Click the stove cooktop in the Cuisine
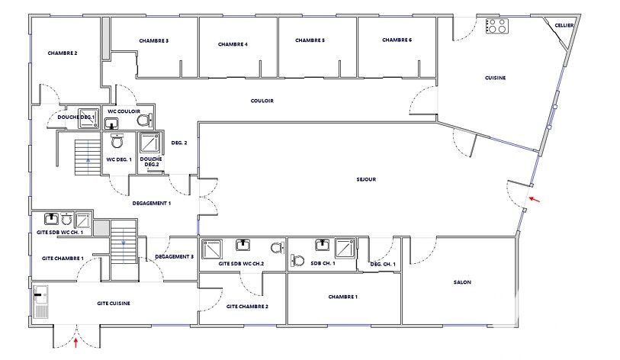tap(497, 26)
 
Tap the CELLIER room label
tap(564, 25)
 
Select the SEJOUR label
tap(366, 179)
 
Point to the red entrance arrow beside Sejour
tap(534, 199)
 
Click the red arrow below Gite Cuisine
tap(76, 342)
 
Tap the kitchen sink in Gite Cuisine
tap(40, 302)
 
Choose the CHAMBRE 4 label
tap(233, 44)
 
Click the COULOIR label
tap(262, 101)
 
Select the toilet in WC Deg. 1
tap(117, 141)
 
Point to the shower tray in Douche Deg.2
tap(151, 143)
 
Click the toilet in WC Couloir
tap(144, 120)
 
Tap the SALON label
tap(462, 282)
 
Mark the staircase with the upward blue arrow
tap(88, 157)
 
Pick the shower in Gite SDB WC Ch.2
tap(212, 249)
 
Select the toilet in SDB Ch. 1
tap(297, 261)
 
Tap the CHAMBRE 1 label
tap(343, 297)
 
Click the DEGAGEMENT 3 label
tap(175, 257)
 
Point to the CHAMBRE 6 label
tap(397, 40)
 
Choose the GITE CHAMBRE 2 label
tap(247, 306)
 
